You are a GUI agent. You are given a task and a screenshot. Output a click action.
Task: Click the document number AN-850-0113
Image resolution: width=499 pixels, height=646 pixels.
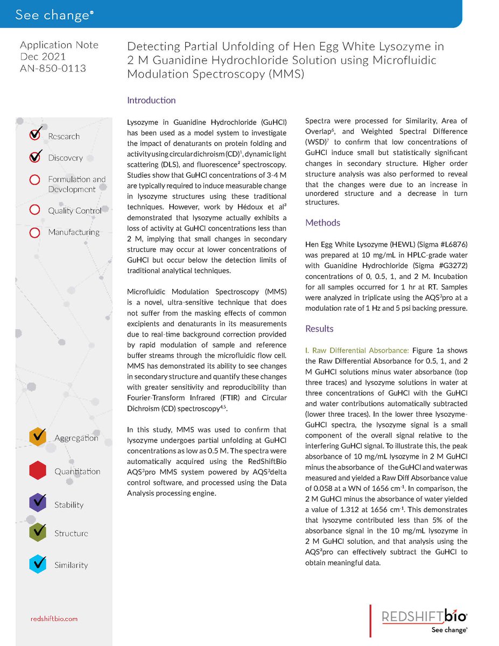(53, 68)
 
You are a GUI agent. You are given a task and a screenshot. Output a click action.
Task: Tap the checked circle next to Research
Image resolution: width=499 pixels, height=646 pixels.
(35, 135)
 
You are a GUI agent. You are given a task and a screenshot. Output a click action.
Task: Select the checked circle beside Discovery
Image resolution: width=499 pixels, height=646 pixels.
(35, 157)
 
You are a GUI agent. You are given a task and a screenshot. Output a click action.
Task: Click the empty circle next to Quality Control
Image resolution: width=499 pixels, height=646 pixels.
(34, 210)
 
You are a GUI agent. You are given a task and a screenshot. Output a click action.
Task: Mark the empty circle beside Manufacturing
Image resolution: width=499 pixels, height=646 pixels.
(34, 233)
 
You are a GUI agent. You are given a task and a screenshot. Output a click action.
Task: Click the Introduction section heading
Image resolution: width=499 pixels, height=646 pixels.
(151, 100)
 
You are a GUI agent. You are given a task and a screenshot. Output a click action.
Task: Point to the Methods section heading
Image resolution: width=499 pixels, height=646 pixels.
(322, 222)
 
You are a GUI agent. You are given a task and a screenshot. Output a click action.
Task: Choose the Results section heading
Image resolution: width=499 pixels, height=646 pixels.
(319, 328)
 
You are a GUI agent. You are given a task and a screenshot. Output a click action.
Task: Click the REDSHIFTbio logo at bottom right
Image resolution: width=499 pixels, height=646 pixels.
(424, 616)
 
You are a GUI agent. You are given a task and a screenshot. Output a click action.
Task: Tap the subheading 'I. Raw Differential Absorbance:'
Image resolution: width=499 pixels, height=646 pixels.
(357, 350)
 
